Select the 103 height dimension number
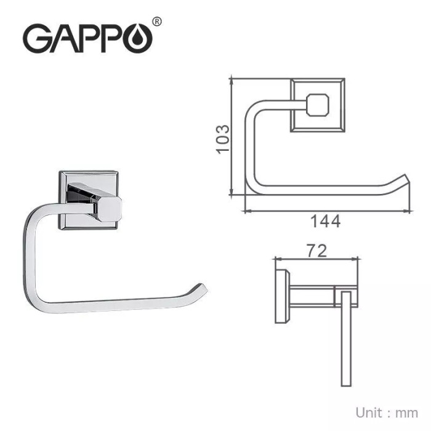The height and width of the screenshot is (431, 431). [x=223, y=139]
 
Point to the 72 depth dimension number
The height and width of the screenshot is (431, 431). [x=315, y=250]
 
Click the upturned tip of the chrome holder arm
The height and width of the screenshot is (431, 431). [x=200, y=288]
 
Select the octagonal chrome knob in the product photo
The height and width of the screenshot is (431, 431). [x=110, y=209]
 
